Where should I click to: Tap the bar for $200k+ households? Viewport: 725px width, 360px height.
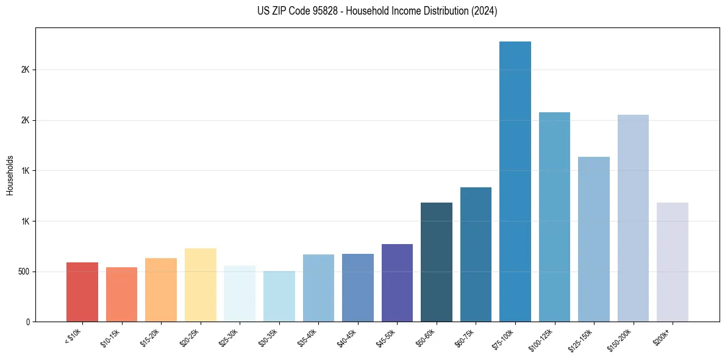coord(673,262)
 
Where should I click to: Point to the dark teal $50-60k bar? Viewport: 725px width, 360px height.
coord(437,262)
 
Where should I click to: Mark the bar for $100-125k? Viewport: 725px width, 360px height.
coord(554,217)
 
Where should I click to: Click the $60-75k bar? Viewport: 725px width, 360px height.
coord(476,254)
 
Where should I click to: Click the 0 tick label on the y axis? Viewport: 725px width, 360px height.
coord(29,322)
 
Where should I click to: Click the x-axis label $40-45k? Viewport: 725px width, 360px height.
coord(347,337)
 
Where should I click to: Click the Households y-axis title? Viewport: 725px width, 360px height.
coord(10,175)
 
